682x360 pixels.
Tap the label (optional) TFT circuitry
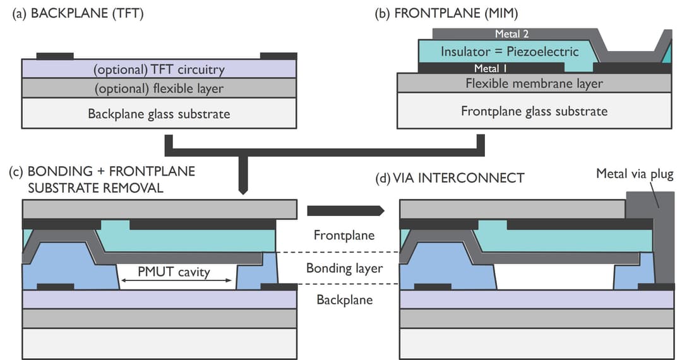159,69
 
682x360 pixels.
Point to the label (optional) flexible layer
159,88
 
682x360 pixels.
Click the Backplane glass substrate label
159,114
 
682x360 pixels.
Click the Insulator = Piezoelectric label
510,51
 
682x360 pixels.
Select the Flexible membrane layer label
534,83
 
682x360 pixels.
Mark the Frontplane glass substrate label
534,111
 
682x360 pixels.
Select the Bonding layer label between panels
345,268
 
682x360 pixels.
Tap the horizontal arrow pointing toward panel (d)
345,210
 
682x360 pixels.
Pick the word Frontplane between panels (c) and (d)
344,235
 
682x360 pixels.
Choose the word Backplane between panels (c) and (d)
344,299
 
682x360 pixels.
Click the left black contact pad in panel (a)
55,56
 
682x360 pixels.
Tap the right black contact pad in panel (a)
278,56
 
